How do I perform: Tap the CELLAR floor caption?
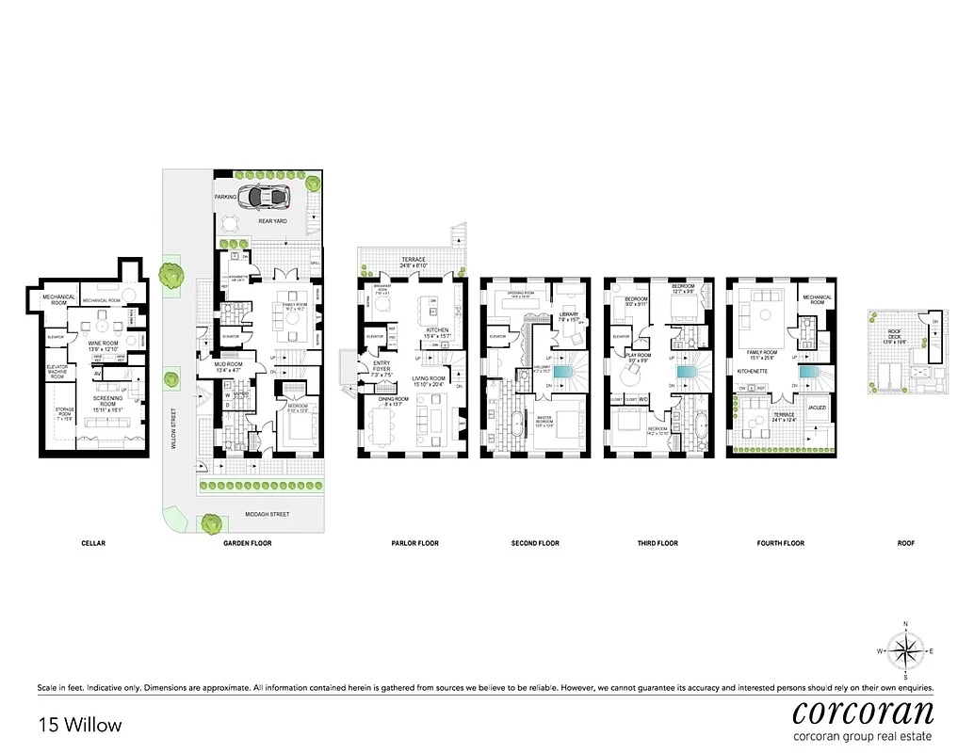coord(92,543)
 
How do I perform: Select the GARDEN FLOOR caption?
coord(247,543)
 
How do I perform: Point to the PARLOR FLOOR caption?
coord(414,543)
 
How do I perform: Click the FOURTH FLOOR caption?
coord(781,543)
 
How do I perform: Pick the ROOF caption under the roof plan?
coord(904,543)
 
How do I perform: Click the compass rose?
coord(905,650)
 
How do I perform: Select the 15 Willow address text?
coord(80,725)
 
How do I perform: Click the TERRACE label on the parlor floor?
coord(412,260)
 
